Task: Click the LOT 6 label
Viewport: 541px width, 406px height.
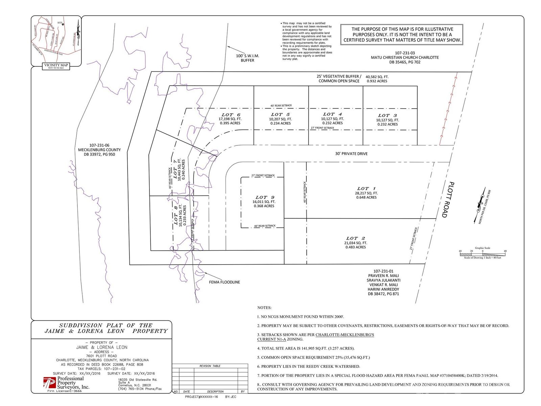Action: pyautogui.click(x=231, y=115)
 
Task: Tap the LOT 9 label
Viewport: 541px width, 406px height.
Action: pyautogui.click(x=265, y=197)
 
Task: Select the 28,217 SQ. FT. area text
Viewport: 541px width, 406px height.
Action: pyautogui.click(x=366, y=193)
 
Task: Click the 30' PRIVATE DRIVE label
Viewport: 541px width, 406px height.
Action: pyautogui.click(x=351, y=154)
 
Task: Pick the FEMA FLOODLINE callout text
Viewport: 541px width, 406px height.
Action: pyautogui.click(x=224, y=282)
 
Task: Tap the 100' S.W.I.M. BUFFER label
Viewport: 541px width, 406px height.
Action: pyautogui.click(x=248, y=58)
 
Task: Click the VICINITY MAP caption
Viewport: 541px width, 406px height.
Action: pyautogui.click(x=56, y=65)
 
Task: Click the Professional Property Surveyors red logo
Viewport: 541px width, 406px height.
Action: pyautogui.click(x=49, y=383)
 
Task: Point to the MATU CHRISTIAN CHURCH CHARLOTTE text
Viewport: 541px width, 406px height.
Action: pyautogui.click(x=405, y=58)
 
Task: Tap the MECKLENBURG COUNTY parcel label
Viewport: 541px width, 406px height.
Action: pyautogui.click(x=99, y=150)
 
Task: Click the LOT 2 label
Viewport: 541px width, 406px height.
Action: pyautogui.click(x=356, y=238)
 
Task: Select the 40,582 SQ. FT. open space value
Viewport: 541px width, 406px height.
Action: pyautogui.click(x=377, y=77)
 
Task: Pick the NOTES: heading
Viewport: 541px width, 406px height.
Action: pyautogui.click(x=264, y=308)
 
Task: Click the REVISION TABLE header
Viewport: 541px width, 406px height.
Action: pyautogui.click(x=210, y=366)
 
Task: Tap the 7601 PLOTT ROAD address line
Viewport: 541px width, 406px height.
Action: pyautogui.click(x=101, y=356)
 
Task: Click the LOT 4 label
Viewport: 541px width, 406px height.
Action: pyautogui.click(x=332, y=114)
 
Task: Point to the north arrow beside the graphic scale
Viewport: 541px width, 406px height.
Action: pyautogui.click(x=480, y=202)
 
